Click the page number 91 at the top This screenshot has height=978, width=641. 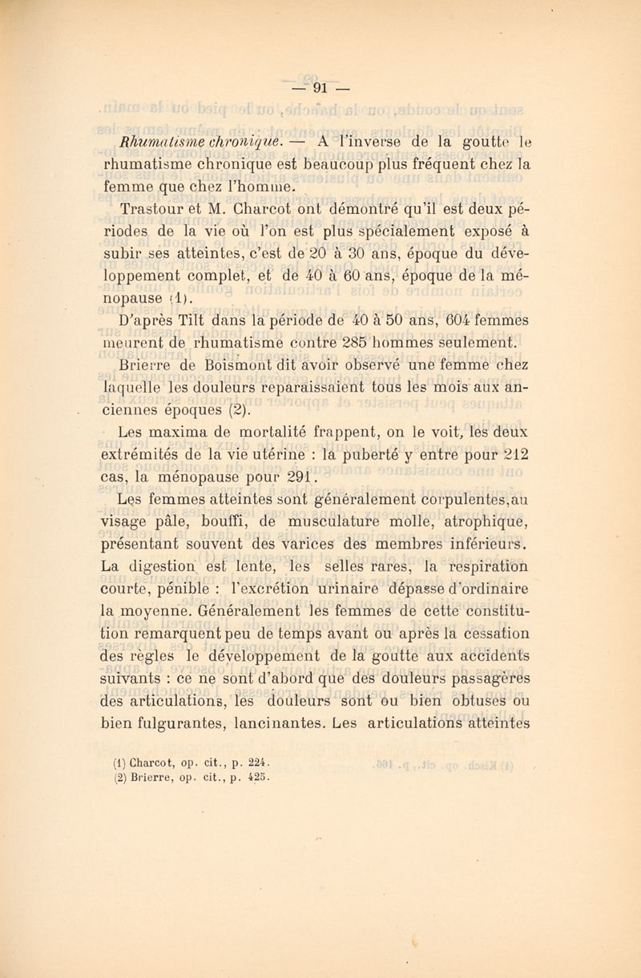(x=320, y=86)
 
